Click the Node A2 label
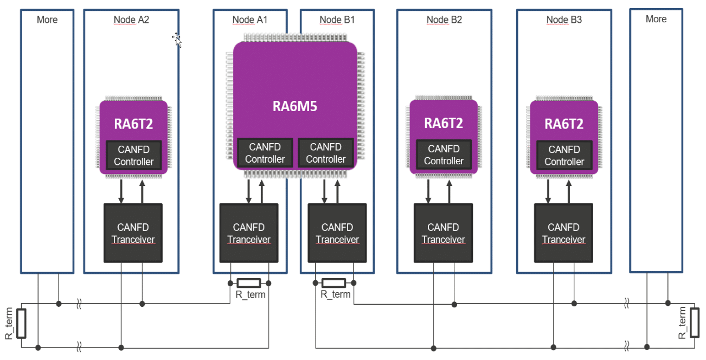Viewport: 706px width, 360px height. (131, 20)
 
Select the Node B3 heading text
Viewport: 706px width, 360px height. (564, 20)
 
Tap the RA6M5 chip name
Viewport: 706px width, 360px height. (294, 106)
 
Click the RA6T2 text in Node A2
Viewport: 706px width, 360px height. (133, 124)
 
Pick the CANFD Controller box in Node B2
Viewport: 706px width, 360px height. (444, 155)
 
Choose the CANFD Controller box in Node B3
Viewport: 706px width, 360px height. (564, 156)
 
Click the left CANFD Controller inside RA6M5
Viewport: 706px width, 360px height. (265, 153)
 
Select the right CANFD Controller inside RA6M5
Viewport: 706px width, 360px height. (325, 153)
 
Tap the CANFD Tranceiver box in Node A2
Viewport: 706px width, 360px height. (133, 233)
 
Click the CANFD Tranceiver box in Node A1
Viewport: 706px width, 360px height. (248, 233)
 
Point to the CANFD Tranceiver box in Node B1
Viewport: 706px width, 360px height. (337, 233)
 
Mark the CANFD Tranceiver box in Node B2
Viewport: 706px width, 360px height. (443, 233)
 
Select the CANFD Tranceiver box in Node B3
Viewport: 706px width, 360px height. (563, 233)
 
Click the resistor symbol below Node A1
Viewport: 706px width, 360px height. (249, 282)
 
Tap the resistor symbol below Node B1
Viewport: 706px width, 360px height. (333, 282)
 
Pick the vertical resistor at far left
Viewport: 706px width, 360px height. (21, 323)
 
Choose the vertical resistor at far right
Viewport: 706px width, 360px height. (694, 322)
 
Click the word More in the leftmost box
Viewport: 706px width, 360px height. (47, 20)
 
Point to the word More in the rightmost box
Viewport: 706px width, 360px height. (656, 19)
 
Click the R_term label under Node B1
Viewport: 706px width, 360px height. (336, 294)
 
